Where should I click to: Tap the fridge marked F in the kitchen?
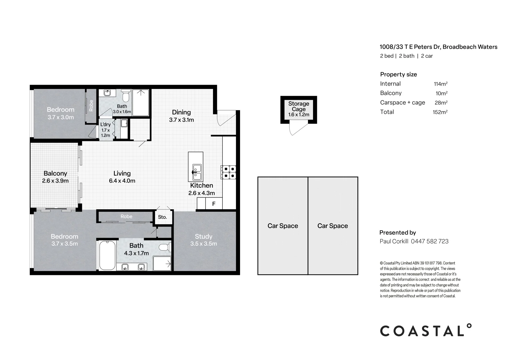click(214, 204)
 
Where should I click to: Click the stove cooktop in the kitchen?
click(228, 172)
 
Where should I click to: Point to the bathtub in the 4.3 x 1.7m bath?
click(107, 255)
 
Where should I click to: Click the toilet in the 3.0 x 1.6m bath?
click(126, 96)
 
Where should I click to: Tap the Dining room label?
click(181, 112)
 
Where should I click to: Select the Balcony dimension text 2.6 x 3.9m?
click(55, 181)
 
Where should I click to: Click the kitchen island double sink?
click(197, 172)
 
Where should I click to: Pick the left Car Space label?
click(283, 226)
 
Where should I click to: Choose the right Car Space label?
click(333, 226)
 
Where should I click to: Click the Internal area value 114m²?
click(441, 84)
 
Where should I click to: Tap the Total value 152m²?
click(440, 112)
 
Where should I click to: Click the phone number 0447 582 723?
click(430, 241)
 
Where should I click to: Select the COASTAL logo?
click(426, 330)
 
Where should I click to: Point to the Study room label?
click(204, 236)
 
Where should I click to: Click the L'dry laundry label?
click(106, 124)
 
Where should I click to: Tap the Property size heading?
click(398, 75)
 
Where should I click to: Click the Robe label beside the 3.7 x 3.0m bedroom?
click(91, 105)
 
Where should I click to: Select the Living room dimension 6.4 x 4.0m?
click(122, 181)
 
